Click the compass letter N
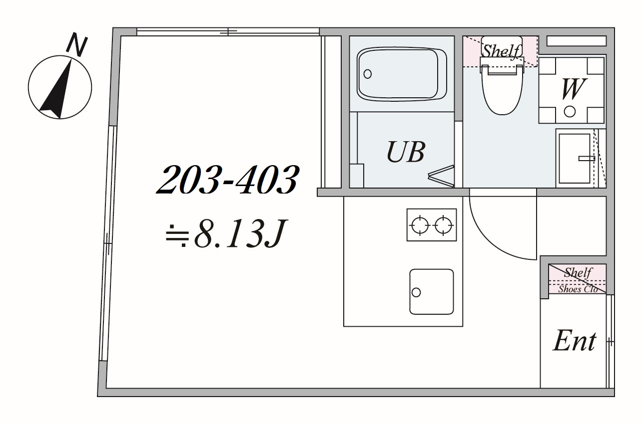pos(76,44)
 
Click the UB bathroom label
pos(406,152)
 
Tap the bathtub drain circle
pos(367,74)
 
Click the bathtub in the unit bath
pos(402,74)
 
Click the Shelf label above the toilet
pos(501,51)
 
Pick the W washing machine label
pos(573,89)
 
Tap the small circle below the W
pos(570,112)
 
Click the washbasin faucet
pos(587,158)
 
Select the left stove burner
pos(420,225)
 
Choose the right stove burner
pos(443,225)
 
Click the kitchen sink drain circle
pos(416,293)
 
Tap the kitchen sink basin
pos(432,291)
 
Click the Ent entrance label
pos(575,341)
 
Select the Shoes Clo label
pos(578,289)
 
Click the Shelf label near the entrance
pos(578,272)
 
